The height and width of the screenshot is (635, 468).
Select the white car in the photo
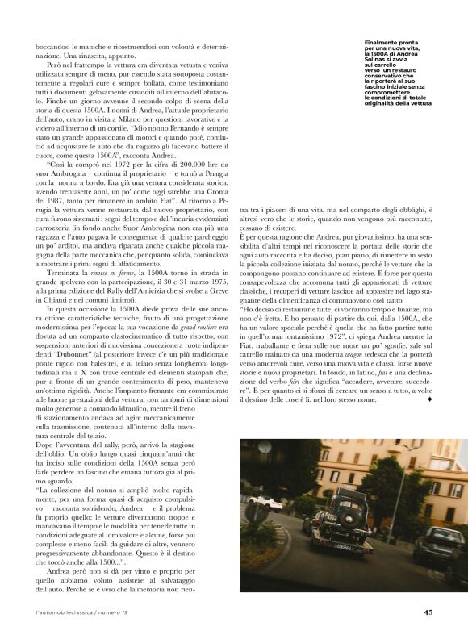coord(262,501)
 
